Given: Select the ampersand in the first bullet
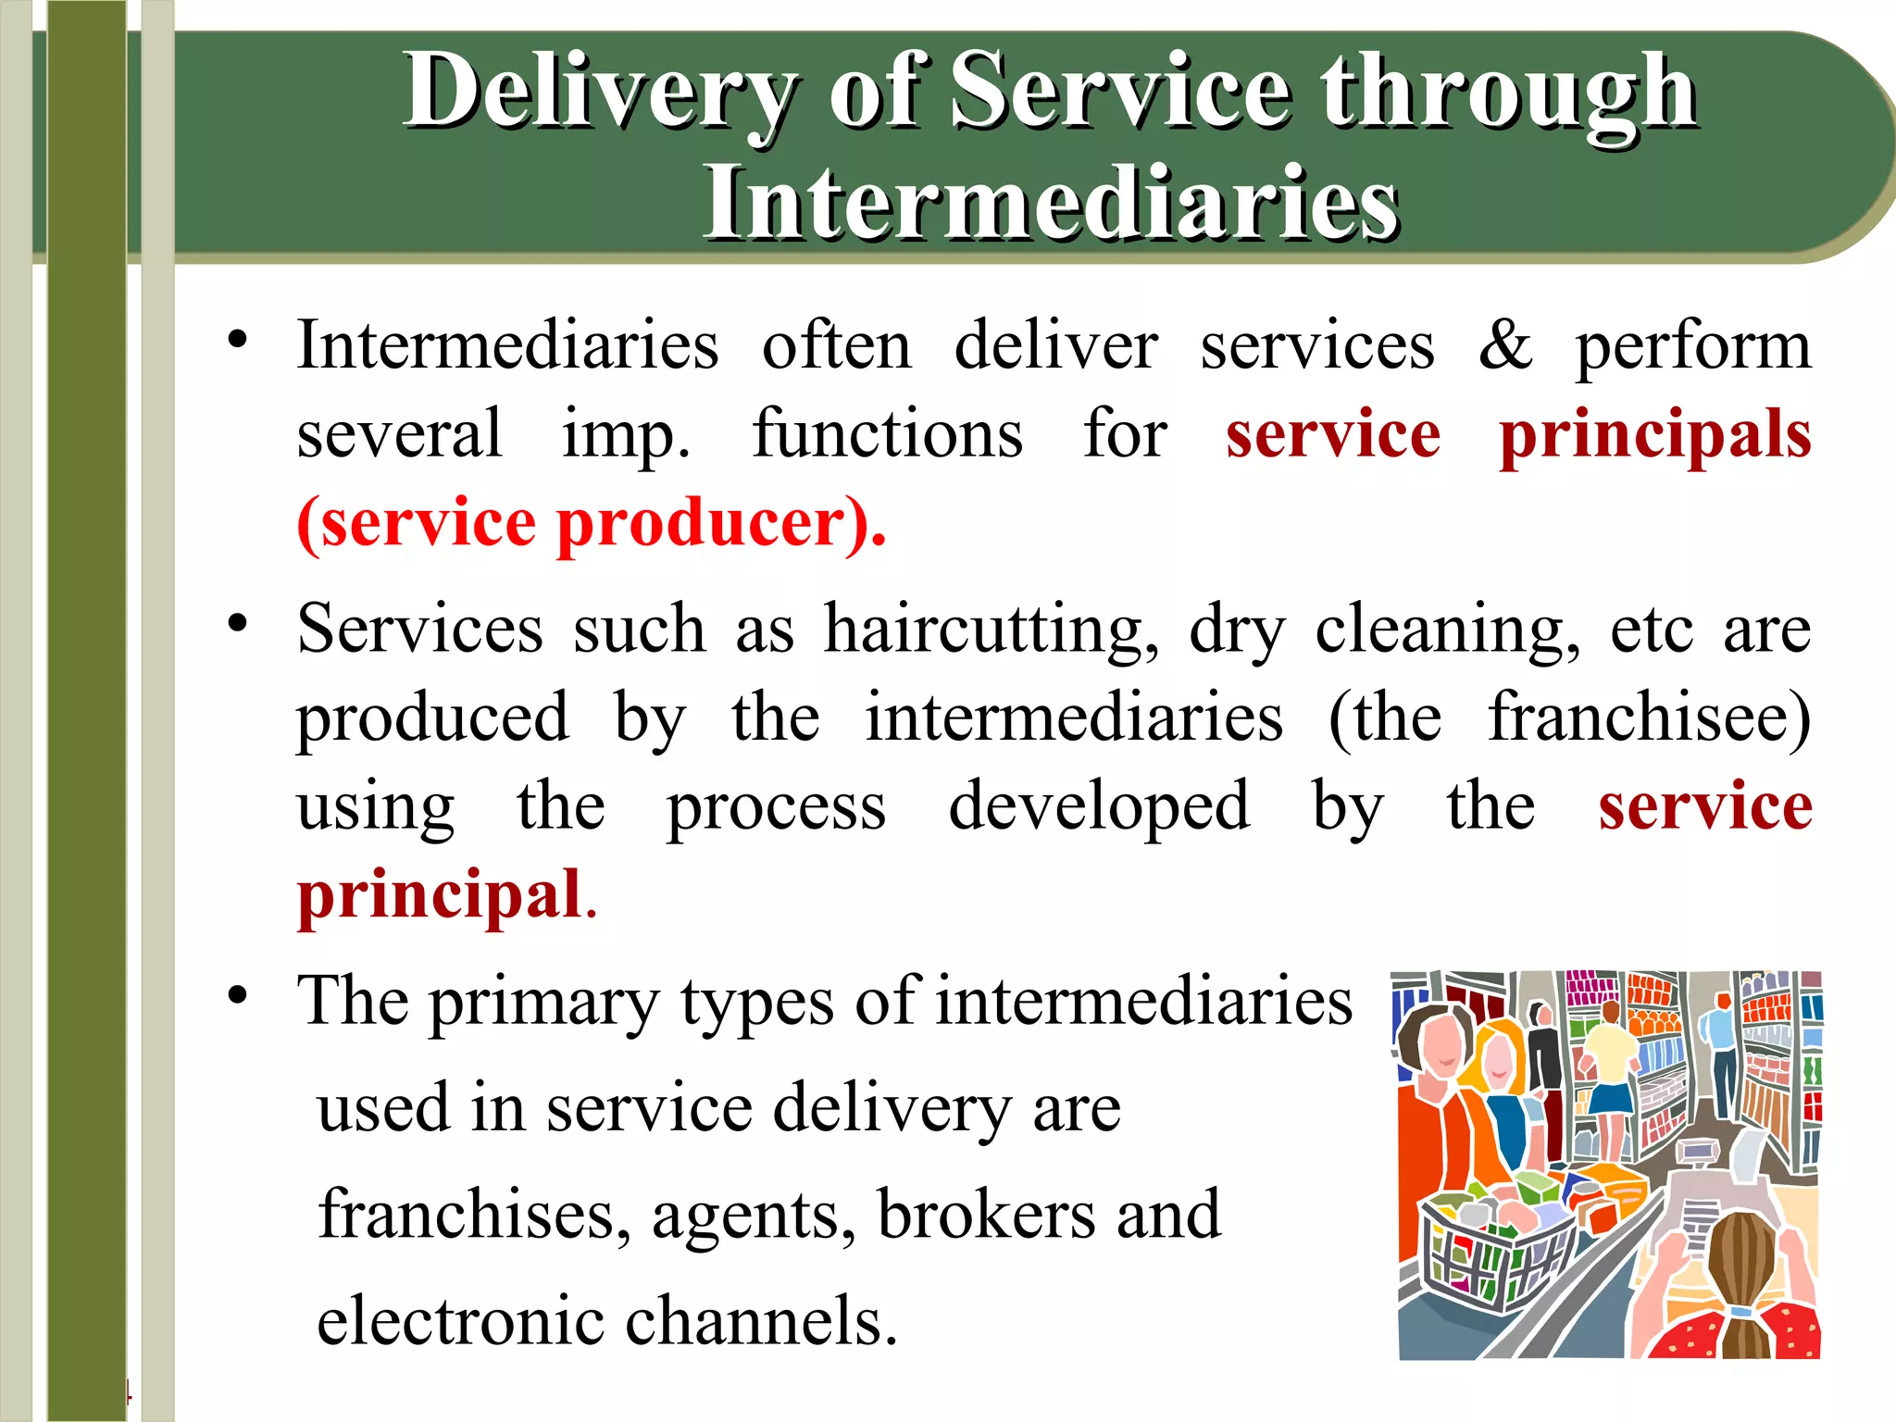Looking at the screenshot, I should click(x=1504, y=345).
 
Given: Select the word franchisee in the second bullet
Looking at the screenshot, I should click(x=1648, y=718).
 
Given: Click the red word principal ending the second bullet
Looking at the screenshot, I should click(x=439, y=896).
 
